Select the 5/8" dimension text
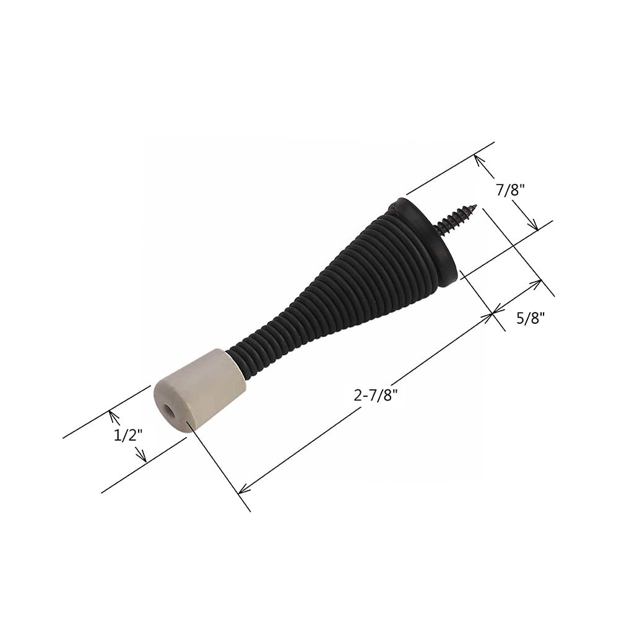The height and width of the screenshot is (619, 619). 530,318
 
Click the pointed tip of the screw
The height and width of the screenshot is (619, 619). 475,206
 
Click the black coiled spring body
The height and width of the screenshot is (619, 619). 347,291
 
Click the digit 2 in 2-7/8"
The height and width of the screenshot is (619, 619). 358,396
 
